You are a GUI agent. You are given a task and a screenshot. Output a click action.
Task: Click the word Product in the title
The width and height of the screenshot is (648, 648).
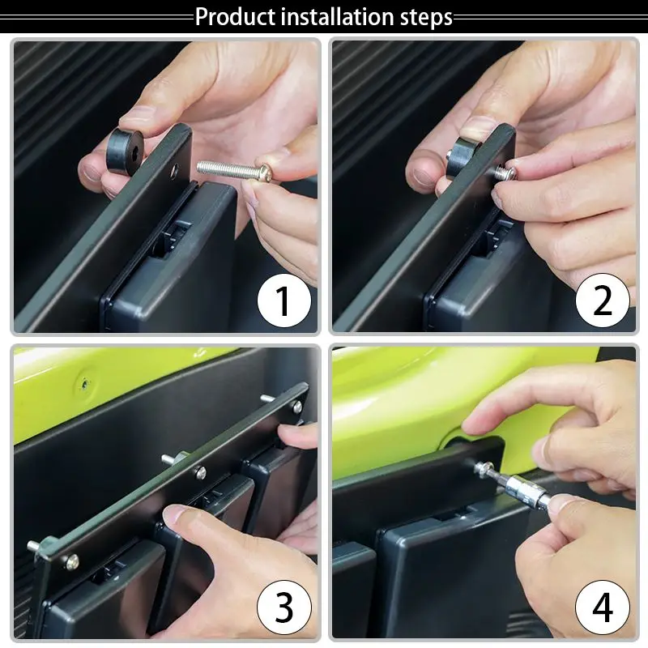tap(235, 16)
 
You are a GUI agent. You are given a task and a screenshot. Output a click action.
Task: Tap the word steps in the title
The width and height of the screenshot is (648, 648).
tap(426, 17)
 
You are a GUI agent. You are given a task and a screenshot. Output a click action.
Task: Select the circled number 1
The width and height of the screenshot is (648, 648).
tap(284, 301)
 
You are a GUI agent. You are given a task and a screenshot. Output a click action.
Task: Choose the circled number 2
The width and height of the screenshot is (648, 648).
tap(602, 301)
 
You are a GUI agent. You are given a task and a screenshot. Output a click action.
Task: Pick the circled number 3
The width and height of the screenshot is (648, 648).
tap(284, 607)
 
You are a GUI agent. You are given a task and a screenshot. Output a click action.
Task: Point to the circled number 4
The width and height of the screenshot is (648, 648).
tap(602, 607)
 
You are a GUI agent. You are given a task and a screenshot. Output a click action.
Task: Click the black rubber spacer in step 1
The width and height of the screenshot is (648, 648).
tap(125, 149)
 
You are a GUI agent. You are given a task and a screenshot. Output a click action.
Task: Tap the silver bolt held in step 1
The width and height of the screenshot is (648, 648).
tap(234, 170)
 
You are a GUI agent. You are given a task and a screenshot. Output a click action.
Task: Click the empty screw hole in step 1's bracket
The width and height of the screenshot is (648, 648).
tap(175, 169)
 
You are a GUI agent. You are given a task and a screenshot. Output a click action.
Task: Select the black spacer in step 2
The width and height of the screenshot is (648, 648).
tap(462, 156)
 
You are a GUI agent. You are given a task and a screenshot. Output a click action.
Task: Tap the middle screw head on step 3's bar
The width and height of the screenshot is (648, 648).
tap(200, 472)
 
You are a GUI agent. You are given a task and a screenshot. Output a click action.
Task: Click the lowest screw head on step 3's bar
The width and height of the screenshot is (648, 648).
tap(71, 561)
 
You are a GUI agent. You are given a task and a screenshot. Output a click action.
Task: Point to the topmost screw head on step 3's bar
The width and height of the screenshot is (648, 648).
tap(296, 407)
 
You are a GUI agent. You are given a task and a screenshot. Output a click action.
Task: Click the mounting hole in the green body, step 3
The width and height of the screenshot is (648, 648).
tap(84, 385)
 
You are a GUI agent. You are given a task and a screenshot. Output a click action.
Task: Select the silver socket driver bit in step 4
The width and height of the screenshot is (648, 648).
tap(525, 488)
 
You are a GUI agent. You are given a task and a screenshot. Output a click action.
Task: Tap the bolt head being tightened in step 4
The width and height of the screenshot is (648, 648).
tap(481, 469)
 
